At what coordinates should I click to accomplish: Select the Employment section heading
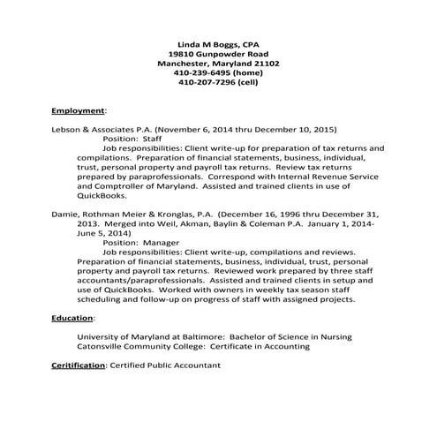(78, 111)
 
